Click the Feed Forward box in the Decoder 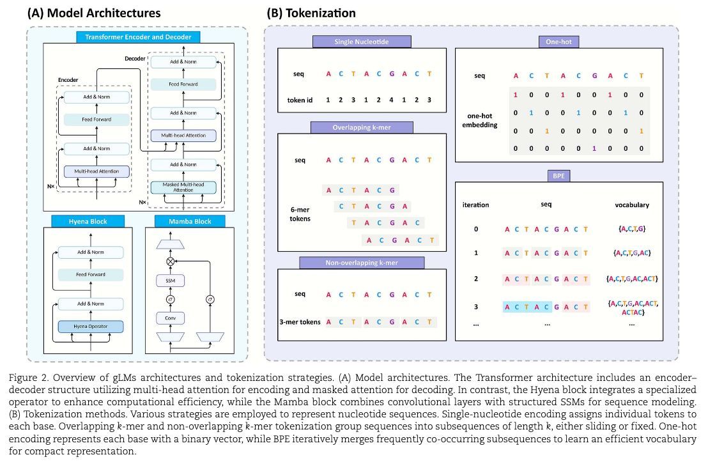(x=183, y=84)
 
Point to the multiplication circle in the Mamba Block (x=170, y=261)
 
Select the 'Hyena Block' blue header (x=88, y=221)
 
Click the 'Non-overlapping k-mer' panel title (x=362, y=263)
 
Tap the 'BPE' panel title (x=558, y=175)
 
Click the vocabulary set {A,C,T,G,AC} (x=631, y=253)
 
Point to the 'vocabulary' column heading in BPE (x=631, y=205)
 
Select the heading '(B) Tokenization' (x=310, y=13)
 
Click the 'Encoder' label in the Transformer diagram (x=68, y=80)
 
